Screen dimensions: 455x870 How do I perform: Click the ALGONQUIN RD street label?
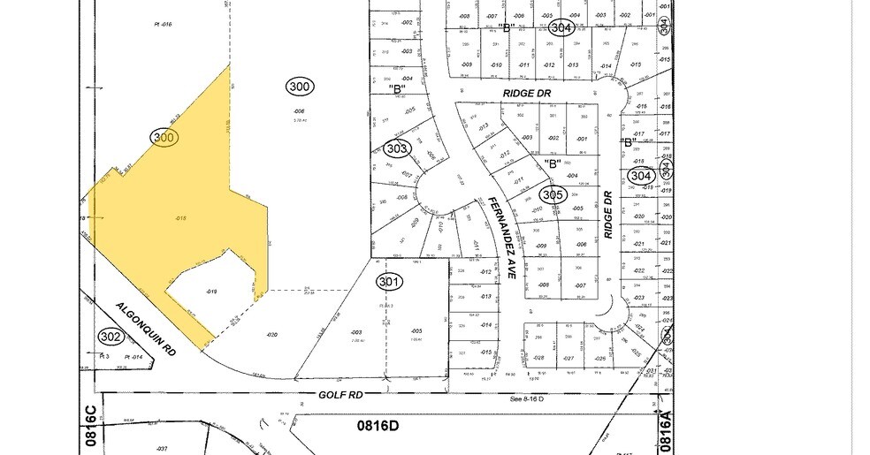[x=146, y=329]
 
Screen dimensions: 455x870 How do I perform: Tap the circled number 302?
[x=111, y=337]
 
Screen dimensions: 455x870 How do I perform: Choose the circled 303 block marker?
[x=397, y=149]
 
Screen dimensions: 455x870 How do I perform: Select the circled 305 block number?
[x=553, y=194]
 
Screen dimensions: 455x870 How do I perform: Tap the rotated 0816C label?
[x=89, y=428]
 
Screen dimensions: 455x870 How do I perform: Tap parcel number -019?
[x=211, y=291]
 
